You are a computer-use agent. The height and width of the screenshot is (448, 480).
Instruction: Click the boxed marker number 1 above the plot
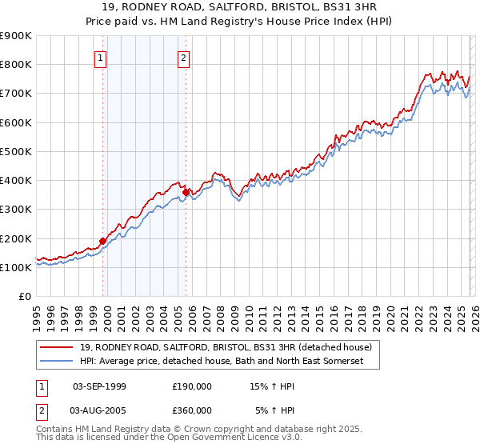coord(101,58)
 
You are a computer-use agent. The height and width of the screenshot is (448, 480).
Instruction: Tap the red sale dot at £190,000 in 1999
coord(102,241)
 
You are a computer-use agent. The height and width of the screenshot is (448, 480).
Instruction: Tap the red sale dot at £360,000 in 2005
coord(186,192)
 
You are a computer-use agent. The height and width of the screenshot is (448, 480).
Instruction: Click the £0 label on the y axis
coord(23,296)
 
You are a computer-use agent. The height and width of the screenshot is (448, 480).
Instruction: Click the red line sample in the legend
coord(58,348)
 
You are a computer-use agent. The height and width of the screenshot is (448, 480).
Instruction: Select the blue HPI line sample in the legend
coord(58,362)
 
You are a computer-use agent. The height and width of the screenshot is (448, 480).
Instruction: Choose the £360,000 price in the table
coord(192,410)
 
